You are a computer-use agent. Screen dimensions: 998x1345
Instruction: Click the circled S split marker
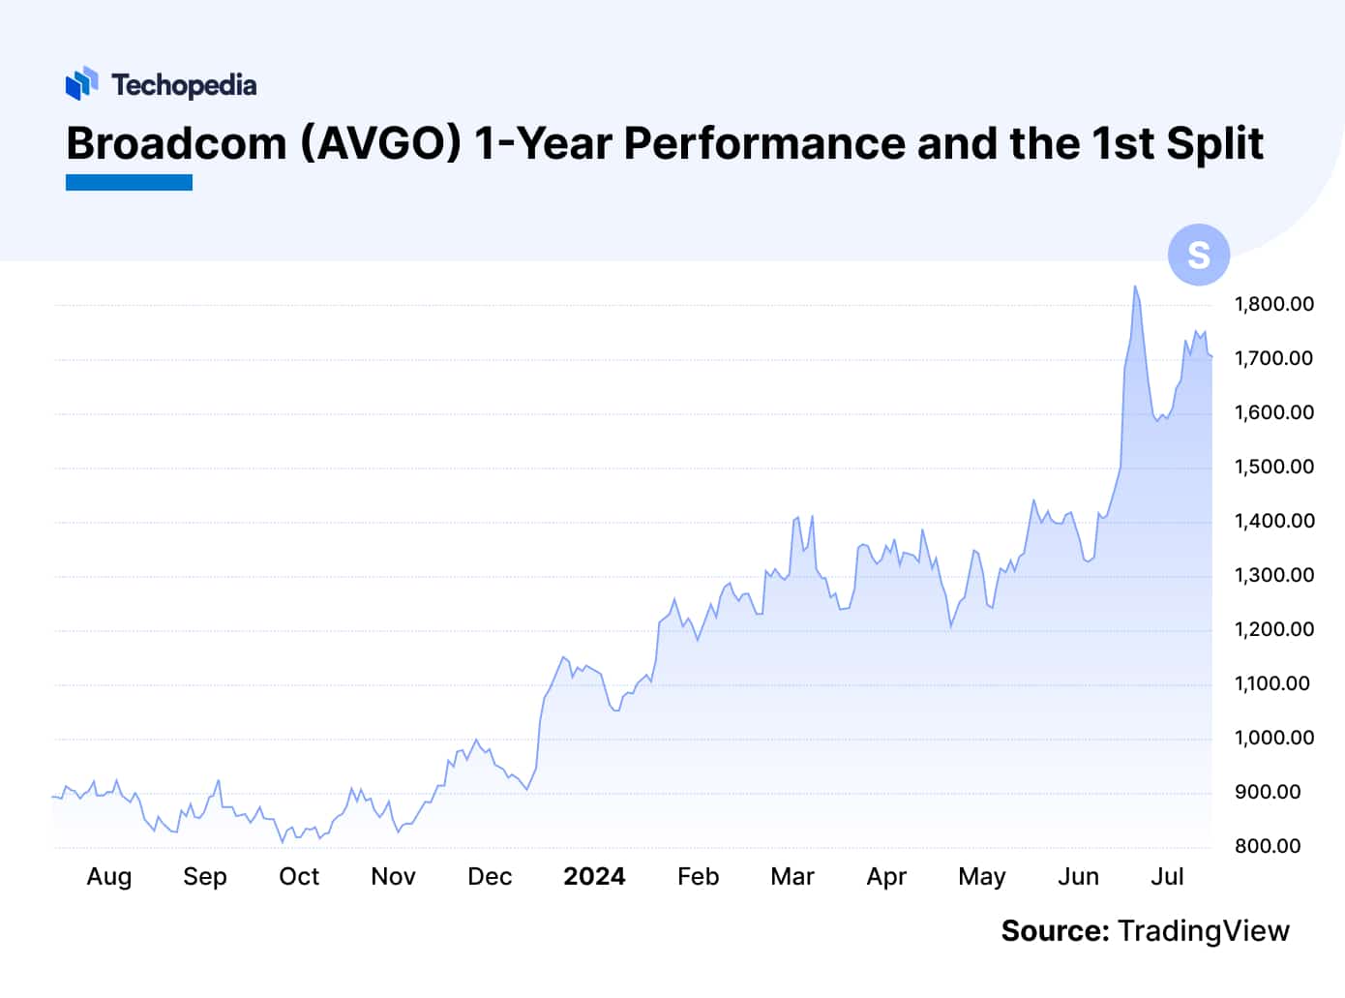1198,255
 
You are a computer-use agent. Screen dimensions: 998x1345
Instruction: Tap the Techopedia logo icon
82,83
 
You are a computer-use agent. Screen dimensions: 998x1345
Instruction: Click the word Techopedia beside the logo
184,85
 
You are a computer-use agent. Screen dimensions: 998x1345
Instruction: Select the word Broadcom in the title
176,143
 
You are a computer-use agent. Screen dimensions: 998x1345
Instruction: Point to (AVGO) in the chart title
380,143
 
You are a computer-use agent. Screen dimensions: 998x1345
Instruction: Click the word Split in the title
1214,143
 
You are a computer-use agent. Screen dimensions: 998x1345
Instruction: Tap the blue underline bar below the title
129,182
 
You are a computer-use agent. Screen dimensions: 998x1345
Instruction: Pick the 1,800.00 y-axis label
1273,304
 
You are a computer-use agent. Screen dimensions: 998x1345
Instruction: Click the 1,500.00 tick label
1273,467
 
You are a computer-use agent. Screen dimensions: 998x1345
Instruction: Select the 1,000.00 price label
1273,738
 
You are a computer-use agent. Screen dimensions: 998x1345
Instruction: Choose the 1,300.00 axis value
1273,575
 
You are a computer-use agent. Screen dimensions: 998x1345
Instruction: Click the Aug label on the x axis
108,876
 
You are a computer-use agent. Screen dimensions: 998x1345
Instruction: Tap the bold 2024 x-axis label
594,876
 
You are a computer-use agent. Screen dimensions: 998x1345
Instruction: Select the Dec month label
490,876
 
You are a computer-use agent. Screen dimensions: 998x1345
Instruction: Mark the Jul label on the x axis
1167,876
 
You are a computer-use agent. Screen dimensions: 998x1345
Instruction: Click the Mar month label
792,876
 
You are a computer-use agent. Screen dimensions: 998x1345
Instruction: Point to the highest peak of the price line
1135,287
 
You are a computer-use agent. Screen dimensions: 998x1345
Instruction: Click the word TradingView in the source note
1203,930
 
